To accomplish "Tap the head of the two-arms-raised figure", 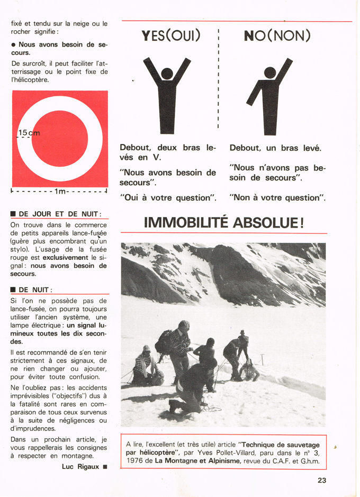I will click(x=167, y=74).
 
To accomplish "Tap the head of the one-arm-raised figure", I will click(x=270, y=73).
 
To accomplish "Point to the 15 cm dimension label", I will click(x=29, y=133).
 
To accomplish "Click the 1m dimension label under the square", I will click(x=60, y=191).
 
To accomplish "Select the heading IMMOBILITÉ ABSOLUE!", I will click(x=224, y=222).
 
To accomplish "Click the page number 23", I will click(x=322, y=480).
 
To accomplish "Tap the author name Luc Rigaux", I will click(x=80, y=466).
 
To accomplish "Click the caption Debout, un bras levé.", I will click(x=275, y=148).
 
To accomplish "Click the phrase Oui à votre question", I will click(x=168, y=197).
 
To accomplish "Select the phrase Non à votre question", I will click(x=277, y=197).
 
